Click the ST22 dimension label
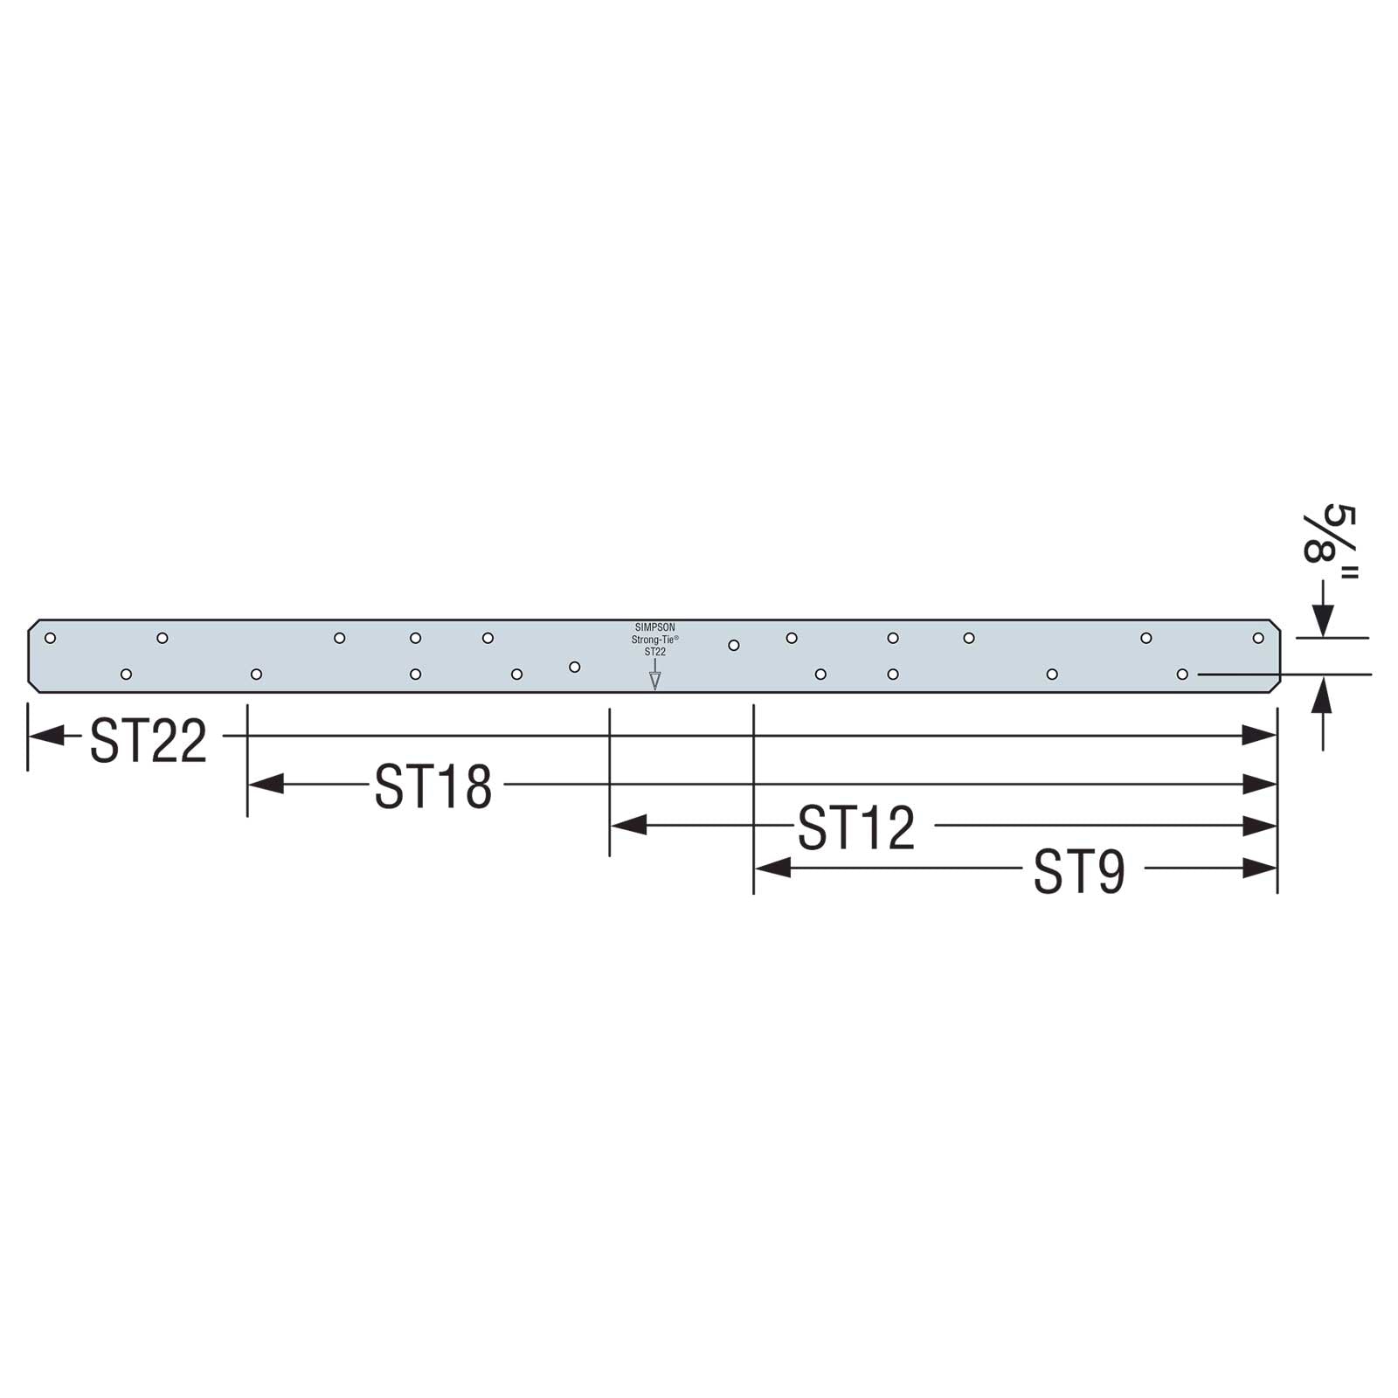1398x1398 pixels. (149, 741)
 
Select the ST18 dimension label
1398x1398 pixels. (433, 786)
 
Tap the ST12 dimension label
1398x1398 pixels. (856, 827)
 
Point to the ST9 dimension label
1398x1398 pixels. (1079, 871)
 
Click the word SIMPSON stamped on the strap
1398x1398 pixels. (654, 627)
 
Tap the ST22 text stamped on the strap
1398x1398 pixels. (654, 652)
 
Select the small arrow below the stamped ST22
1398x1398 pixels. (654, 678)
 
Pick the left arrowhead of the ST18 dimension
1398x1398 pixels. (266, 784)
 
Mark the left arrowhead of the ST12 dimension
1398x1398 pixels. (628, 824)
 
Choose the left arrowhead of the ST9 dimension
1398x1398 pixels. (772, 868)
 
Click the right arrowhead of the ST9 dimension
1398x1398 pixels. (1260, 868)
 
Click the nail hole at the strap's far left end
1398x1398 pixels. (50, 638)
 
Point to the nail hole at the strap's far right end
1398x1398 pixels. (1257, 638)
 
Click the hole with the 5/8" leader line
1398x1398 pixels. (1182, 675)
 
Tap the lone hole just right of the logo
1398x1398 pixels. (734, 646)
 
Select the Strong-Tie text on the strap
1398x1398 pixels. (654, 640)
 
